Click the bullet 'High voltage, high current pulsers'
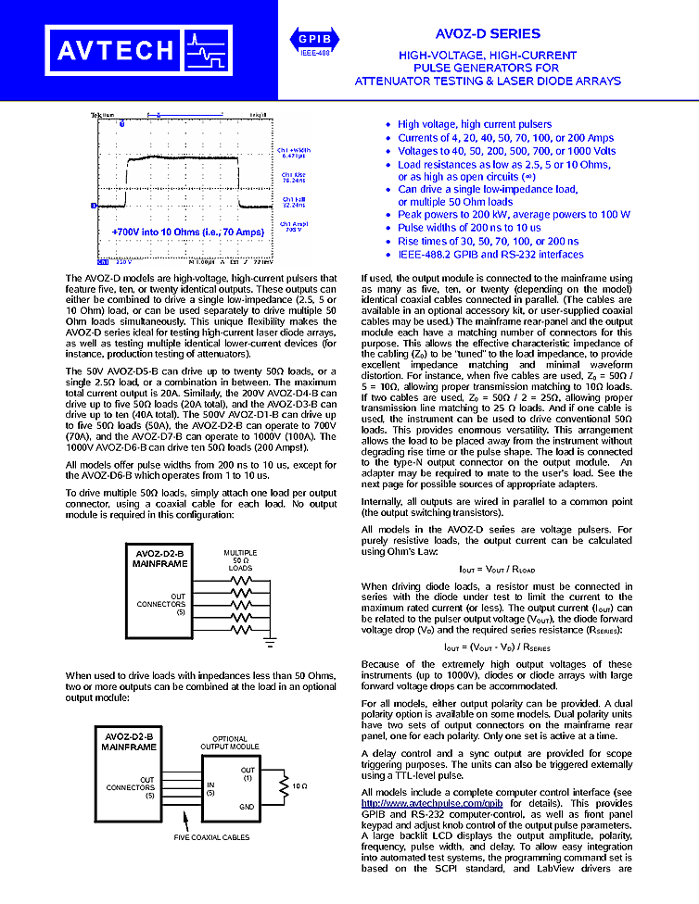[474, 124]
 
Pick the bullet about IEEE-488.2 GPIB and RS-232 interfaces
[490, 254]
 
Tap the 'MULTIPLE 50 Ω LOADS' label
[240, 560]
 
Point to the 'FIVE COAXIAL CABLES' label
[211, 838]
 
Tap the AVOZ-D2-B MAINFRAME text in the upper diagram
[159, 559]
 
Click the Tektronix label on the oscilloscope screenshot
[101, 115]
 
